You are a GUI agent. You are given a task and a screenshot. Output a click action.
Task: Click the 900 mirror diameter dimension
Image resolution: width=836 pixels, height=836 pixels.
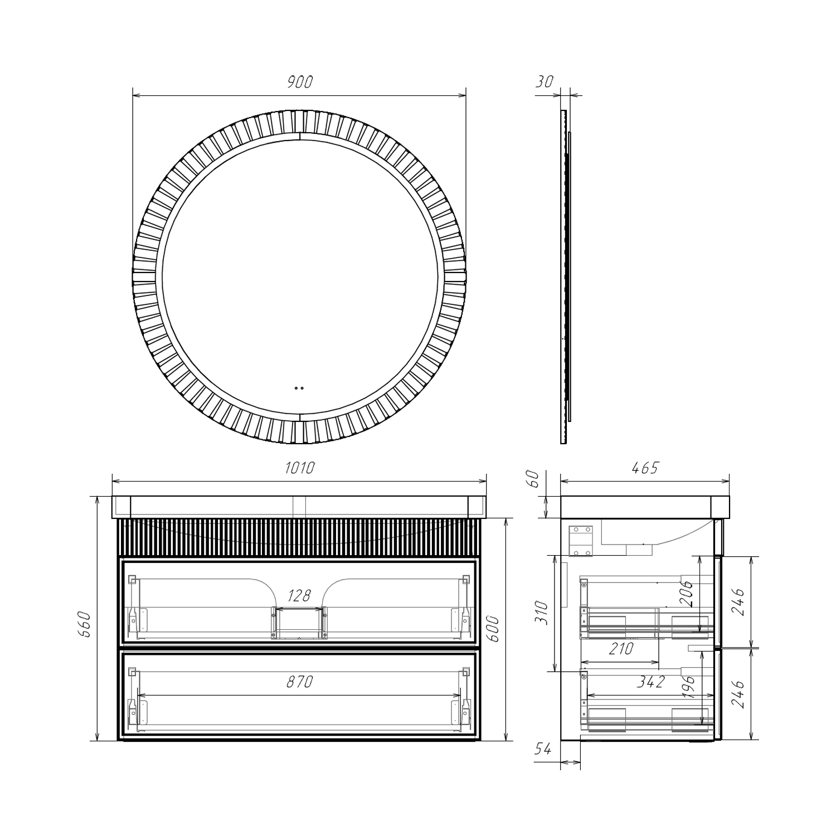point(300,82)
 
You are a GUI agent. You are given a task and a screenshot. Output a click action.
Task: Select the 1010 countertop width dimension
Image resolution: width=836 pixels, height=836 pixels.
point(300,468)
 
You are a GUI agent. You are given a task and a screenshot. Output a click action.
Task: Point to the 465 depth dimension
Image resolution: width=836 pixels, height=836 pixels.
point(645,468)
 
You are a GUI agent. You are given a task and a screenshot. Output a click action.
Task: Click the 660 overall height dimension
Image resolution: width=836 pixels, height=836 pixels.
point(84,626)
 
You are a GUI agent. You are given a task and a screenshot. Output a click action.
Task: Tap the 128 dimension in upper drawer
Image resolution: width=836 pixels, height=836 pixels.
point(299,596)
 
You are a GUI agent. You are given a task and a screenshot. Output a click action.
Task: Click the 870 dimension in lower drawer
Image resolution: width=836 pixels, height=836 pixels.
point(300,681)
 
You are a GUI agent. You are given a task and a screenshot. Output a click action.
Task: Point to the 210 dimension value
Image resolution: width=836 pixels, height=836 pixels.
point(621,649)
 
